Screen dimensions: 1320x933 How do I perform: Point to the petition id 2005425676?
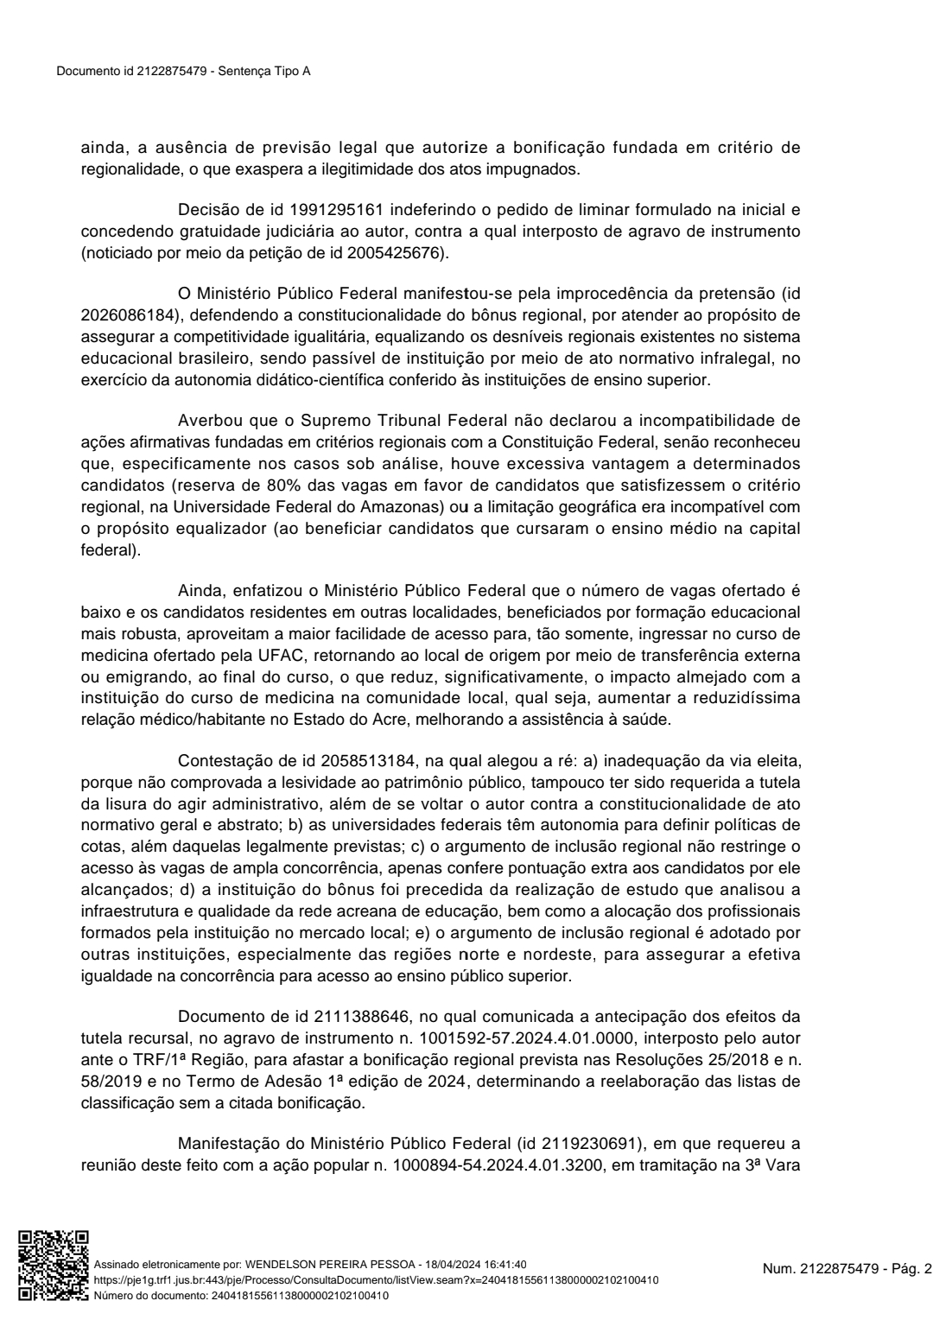(394, 253)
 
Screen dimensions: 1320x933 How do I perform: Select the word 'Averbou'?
(210, 421)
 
